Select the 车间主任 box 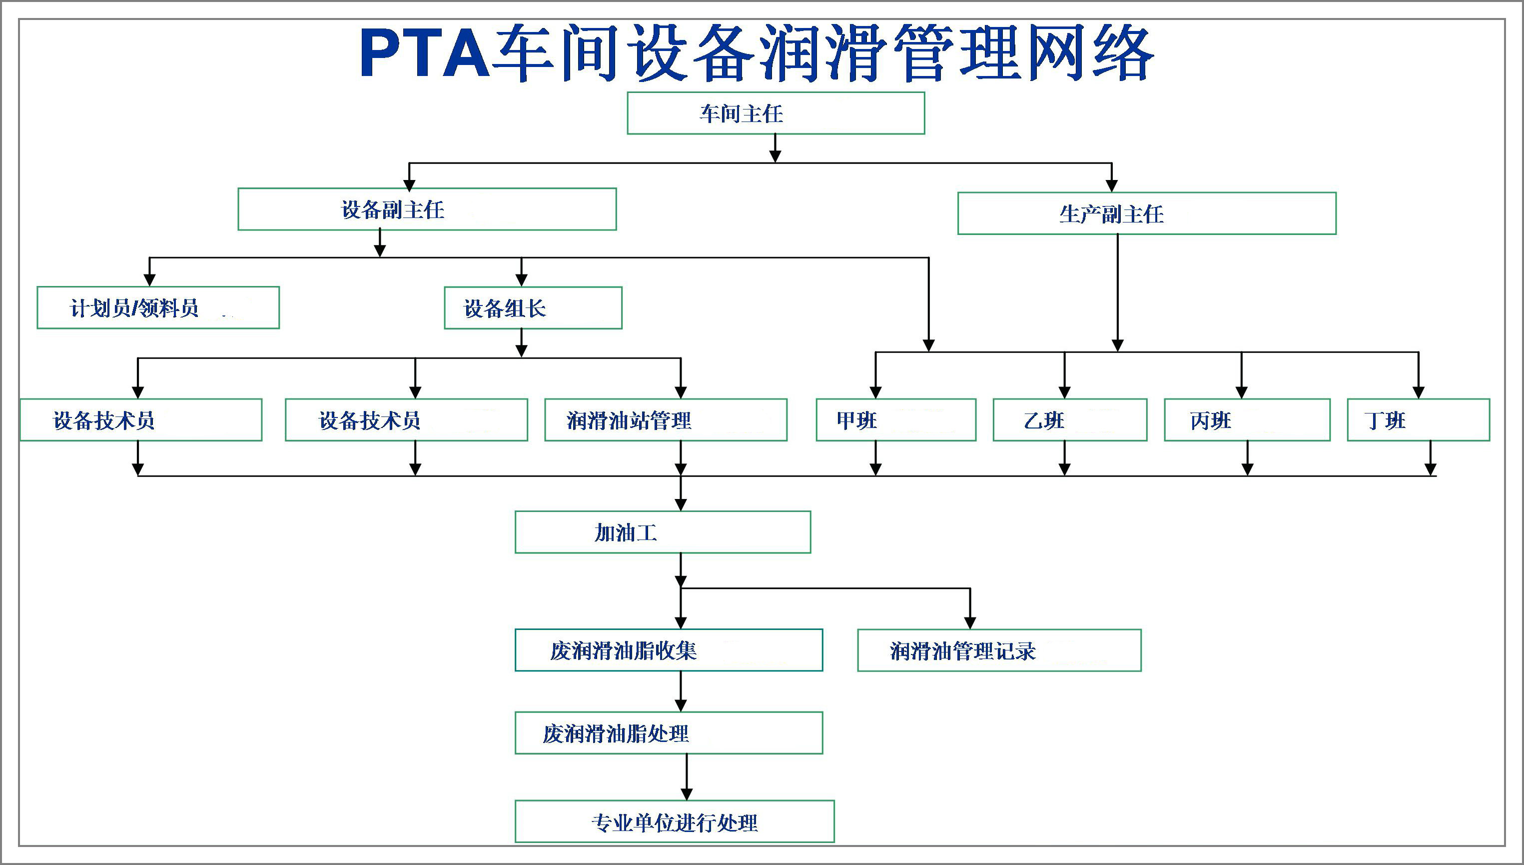[775, 113]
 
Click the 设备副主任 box [427, 209]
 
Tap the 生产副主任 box [1146, 213]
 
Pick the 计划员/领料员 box [158, 307]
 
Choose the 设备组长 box [533, 307]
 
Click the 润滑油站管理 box [666, 420]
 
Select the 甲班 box [895, 420]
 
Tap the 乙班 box [1069, 420]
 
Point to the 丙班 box [1247, 420]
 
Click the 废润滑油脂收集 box [669, 650]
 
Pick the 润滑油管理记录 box [999, 650]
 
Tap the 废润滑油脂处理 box [669, 733]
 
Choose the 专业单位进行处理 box [675, 821]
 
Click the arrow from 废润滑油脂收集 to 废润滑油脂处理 [681, 692]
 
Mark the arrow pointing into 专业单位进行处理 [687, 778]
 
